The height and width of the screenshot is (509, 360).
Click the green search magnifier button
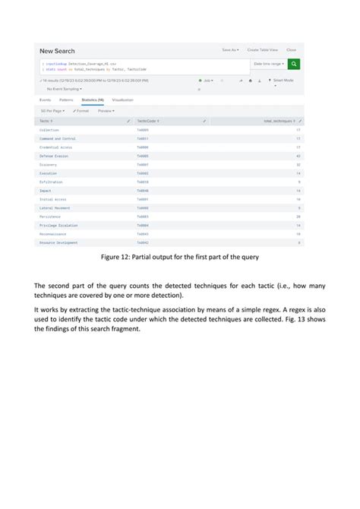(x=294, y=65)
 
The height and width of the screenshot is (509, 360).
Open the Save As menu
(x=230, y=50)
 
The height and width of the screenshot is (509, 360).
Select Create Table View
(x=262, y=50)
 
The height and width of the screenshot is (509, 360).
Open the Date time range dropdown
(x=269, y=65)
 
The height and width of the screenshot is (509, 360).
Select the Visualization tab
(x=122, y=100)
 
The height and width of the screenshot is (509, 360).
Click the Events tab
(x=45, y=100)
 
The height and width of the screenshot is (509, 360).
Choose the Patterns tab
(x=66, y=100)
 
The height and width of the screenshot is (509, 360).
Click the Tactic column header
(x=46, y=121)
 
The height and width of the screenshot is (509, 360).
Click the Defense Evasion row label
(x=54, y=156)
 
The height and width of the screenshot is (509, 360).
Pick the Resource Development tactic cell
(x=58, y=242)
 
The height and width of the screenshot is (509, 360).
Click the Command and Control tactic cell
(x=57, y=139)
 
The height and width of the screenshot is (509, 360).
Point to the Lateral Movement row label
(x=54, y=207)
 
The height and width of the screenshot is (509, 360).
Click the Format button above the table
(x=81, y=111)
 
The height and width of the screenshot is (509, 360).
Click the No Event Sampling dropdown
(x=64, y=87)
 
